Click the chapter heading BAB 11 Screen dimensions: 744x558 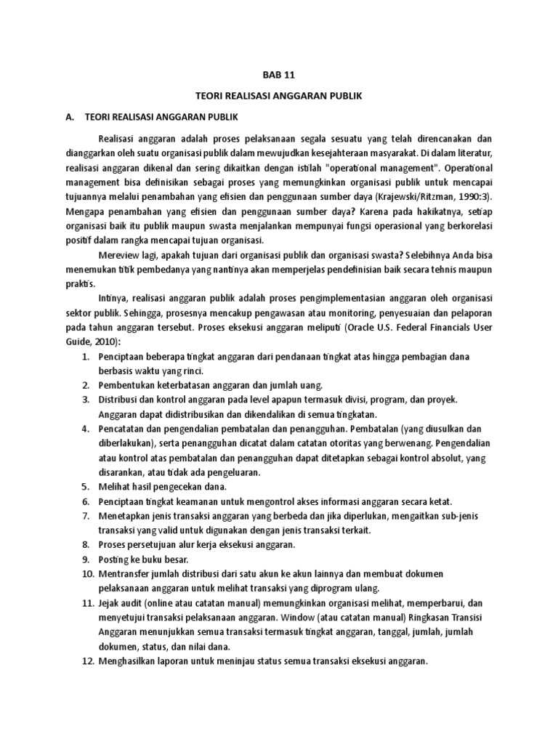(x=279, y=73)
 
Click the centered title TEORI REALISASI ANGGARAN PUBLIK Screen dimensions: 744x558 (x=279, y=95)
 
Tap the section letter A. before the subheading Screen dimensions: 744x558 (x=70, y=116)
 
